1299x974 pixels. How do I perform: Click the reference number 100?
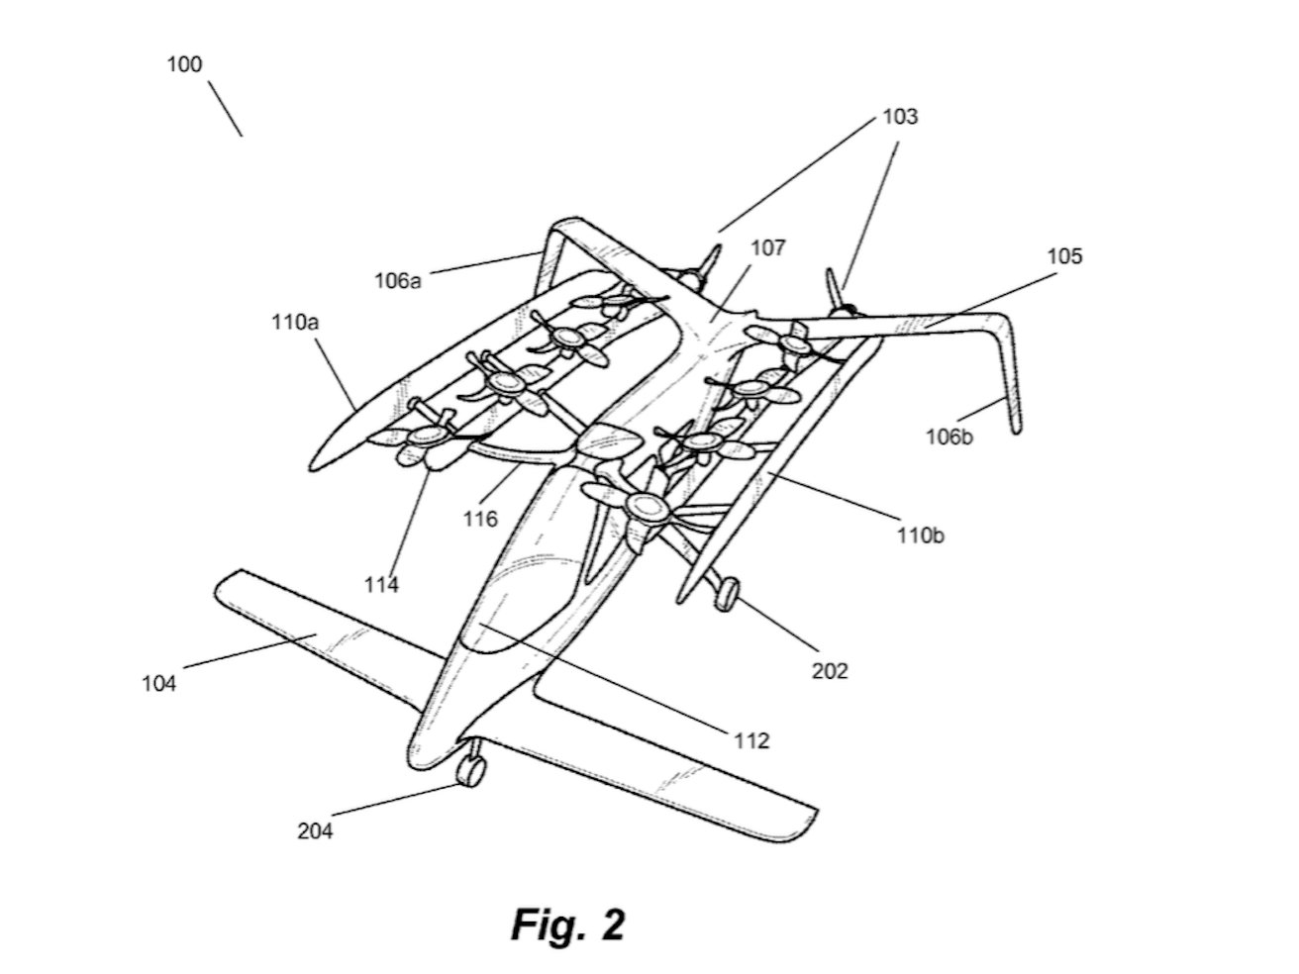[x=185, y=65]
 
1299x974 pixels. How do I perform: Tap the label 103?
[x=899, y=117]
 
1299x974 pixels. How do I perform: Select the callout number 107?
[x=767, y=247]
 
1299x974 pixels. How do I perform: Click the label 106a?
[x=398, y=280]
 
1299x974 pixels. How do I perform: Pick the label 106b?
[x=949, y=436]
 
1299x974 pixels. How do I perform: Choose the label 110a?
[x=294, y=322]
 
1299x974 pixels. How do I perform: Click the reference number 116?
[x=480, y=518]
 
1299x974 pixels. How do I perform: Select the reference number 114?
[x=381, y=584]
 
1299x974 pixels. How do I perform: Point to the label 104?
[x=158, y=682]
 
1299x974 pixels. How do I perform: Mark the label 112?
[x=751, y=739]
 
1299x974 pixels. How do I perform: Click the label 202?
[x=830, y=670]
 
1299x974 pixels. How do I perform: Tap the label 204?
[x=315, y=830]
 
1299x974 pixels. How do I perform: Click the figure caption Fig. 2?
[x=567, y=925]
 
